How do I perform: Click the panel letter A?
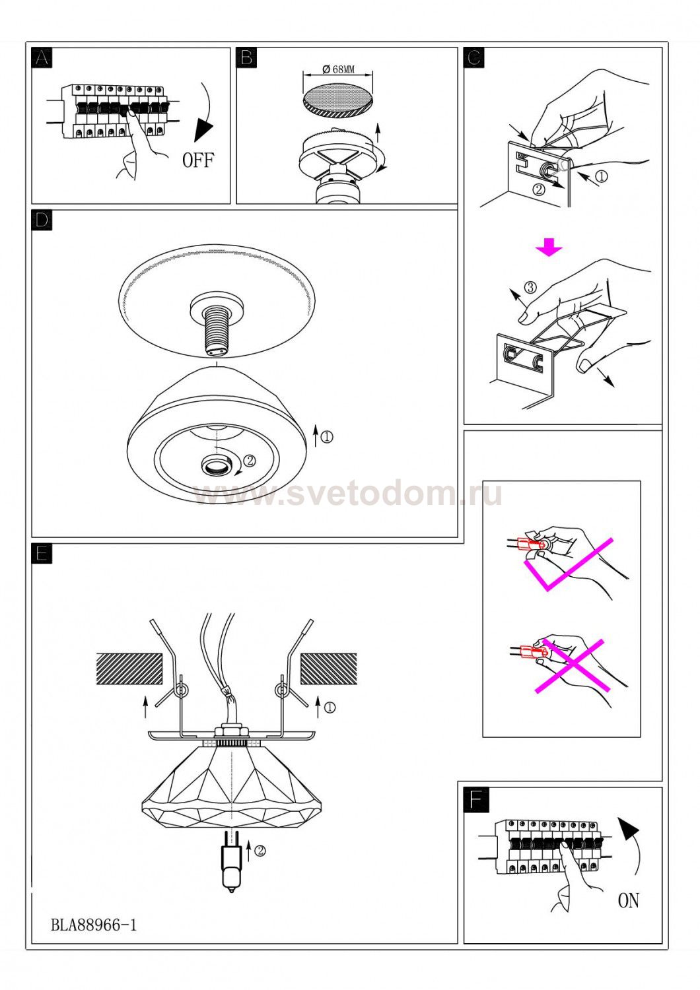tap(42, 58)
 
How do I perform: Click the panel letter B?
tap(247, 58)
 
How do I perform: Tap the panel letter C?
tap(474, 58)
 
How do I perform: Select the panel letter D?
tap(42, 220)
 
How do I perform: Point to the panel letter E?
tap(42, 554)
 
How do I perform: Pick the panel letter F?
tap(476, 799)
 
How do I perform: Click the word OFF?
tap(197, 160)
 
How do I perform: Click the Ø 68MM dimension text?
tap(339, 69)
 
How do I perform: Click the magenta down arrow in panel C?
tap(549, 247)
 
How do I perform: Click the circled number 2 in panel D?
tap(250, 461)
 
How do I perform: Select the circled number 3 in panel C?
tap(530, 287)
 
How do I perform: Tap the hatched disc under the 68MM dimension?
tap(338, 101)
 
